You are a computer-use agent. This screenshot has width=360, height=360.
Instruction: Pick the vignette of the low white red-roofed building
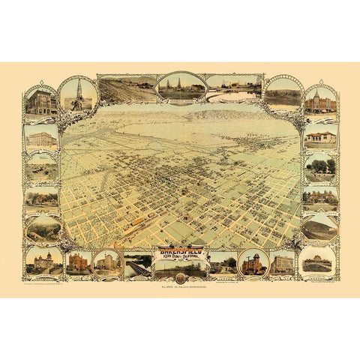click(320, 136)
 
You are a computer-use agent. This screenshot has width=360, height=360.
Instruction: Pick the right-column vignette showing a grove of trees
click(320, 166)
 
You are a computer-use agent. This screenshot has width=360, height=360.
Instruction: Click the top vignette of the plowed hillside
click(123, 89)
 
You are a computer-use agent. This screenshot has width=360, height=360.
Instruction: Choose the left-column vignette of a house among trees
click(40, 198)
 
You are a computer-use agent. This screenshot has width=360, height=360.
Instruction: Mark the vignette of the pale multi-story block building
click(40, 136)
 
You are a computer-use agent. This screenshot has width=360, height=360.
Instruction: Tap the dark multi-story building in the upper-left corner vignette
click(40, 101)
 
